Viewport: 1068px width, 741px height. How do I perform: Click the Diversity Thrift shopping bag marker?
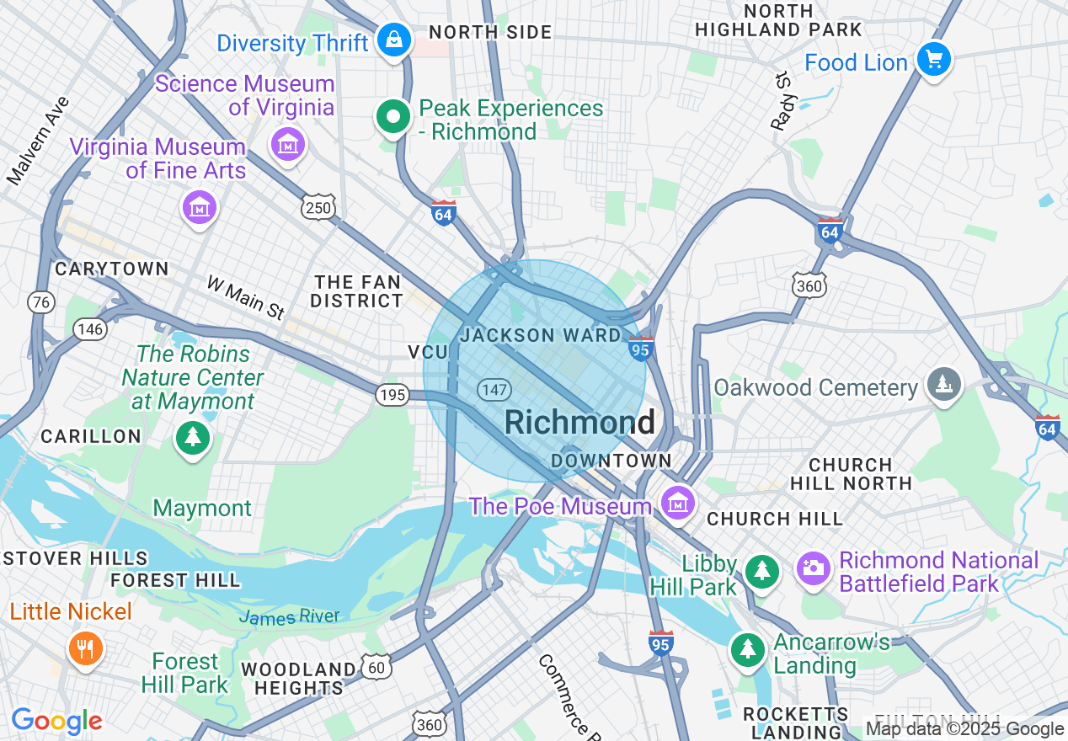(393, 39)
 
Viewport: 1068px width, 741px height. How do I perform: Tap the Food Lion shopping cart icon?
(933, 60)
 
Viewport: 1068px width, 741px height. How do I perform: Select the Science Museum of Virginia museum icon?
(288, 144)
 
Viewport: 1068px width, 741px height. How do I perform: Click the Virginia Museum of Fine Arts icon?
(200, 206)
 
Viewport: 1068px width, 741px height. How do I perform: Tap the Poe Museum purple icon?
(677, 504)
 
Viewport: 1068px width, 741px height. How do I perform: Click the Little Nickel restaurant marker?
(85, 648)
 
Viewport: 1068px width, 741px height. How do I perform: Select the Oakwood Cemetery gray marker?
(943, 385)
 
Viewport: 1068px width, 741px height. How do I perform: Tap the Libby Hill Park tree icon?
(762, 570)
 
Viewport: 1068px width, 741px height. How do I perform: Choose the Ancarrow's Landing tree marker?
(747, 648)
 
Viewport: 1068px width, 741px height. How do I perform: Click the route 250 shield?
(319, 208)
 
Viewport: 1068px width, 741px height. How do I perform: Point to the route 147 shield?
(494, 389)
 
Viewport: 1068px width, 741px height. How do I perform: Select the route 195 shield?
(392, 395)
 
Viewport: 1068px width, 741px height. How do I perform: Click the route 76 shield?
(40, 301)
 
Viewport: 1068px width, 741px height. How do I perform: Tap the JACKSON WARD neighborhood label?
(541, 335)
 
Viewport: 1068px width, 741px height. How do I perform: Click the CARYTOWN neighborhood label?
(111, 269)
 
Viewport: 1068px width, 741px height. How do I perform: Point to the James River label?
(289, 617)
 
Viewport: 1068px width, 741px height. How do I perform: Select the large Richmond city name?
(579, 423)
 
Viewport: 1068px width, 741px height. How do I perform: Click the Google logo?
(56, 722)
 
